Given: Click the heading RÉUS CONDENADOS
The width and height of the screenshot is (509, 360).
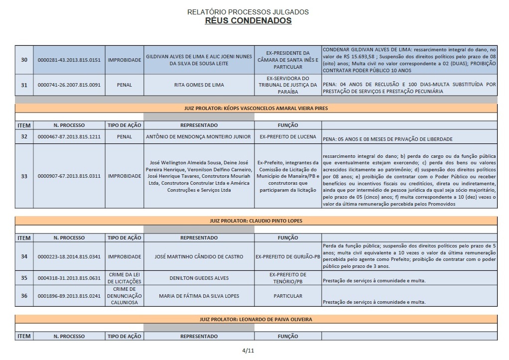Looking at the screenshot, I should (248, 20).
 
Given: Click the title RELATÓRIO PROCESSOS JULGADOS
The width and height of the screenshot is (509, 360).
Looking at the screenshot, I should (248, 11).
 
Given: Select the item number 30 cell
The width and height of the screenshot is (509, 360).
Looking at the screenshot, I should (24, 60).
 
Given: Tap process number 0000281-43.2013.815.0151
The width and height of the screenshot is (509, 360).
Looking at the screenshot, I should (69, 60).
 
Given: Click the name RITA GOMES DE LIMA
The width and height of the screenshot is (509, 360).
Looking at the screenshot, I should (199, 85).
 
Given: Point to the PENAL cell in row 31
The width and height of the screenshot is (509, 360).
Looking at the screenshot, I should (124, 85).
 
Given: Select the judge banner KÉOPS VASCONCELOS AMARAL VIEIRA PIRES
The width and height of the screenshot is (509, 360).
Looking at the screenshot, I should (256, 108).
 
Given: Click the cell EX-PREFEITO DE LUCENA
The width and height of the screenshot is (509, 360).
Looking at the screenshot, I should (288, 136).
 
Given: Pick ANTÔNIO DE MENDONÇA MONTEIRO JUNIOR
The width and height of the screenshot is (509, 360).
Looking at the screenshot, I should (199, 136).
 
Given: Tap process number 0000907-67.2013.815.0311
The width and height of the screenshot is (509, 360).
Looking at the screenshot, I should (69, 176).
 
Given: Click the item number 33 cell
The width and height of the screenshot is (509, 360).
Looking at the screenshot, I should (24, 176).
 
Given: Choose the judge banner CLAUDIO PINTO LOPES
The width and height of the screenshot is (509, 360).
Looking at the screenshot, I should (256, 221).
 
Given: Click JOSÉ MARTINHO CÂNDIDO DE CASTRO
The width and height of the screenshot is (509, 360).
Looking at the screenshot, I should (199, 256).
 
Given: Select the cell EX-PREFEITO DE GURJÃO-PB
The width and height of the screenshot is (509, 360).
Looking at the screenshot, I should (288, 256).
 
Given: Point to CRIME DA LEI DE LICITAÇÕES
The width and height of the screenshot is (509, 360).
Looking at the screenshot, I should (124, 278).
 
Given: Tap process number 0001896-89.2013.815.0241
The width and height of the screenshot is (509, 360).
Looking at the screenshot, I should (69, 296).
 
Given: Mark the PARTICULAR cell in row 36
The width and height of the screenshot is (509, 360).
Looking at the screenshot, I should (288, 296).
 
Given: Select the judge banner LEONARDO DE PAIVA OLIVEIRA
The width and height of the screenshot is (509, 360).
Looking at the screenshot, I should (256, 319).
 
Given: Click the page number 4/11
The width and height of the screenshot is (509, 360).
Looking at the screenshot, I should (248, 351).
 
